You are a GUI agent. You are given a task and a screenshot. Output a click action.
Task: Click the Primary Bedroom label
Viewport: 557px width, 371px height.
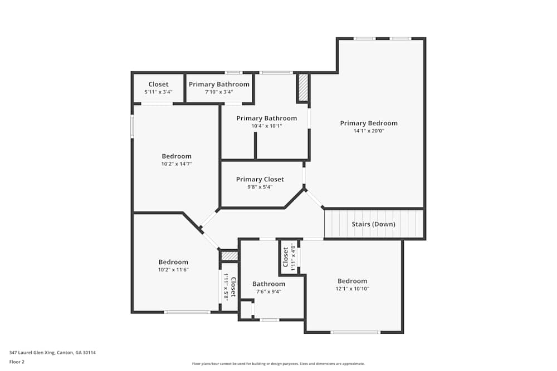click(x=369, y=123)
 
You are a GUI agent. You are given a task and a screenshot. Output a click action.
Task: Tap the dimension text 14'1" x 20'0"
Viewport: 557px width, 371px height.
click(x=369, y=131)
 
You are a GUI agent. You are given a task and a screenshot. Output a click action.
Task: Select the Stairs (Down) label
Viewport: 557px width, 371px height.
click(x=373, y=224)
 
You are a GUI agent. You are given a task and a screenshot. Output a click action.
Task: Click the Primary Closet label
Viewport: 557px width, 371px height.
click(x=260, y=179)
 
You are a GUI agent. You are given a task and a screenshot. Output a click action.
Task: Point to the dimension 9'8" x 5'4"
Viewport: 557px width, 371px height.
click(x=260, y=187)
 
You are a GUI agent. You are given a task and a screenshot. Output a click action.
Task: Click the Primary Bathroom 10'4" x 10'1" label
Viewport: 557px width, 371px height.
click(x=266, y=118)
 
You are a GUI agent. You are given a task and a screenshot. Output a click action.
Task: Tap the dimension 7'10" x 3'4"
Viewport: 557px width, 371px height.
click(x=219, y=92)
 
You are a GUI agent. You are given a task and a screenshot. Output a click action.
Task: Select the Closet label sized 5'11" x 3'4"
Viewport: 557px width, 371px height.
click(x=158, y=85)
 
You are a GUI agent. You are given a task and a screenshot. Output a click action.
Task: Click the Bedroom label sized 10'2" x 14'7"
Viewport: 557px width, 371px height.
click(x=177, y=156)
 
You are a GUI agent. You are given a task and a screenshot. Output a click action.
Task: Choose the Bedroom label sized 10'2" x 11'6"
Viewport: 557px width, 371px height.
click(x=173, y=262)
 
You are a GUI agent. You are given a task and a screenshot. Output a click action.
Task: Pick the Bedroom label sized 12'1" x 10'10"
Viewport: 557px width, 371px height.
click(x=352, y=281)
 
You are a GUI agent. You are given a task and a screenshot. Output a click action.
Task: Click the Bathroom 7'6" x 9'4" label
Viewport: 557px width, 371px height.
click(x=268, y=284)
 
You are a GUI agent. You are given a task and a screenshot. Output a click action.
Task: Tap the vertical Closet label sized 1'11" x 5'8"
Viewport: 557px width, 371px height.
click(x=233, y=287)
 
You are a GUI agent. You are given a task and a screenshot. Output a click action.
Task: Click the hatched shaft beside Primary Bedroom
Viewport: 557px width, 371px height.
click(x=304, y=88)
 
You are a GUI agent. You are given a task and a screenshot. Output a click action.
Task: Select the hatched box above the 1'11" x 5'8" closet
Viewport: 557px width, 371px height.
click(x=229, y=256)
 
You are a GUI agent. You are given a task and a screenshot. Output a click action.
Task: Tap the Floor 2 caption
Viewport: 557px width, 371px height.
click(x=17, y=362)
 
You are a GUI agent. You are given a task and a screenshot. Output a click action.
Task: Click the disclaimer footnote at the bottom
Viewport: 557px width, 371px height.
click(x=278, y=363)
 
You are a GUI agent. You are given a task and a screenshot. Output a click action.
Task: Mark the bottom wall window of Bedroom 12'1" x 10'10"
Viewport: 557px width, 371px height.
click(x=355, y=332)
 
